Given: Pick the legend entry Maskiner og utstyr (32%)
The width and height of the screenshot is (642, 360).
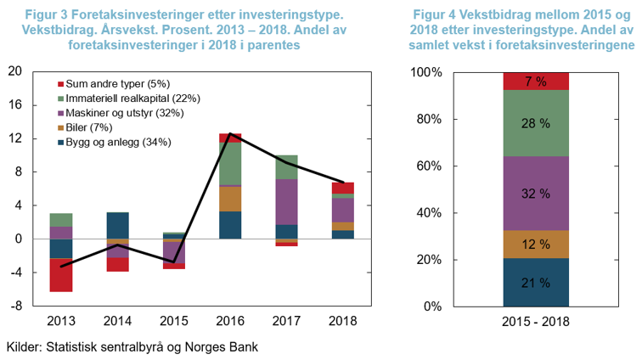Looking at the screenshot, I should [123, 113].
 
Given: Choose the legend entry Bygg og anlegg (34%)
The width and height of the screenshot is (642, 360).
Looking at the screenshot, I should [119, 142].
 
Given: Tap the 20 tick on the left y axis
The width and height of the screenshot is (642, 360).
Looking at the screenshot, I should [14, 71].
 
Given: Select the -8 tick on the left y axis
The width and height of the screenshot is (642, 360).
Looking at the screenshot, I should [17, 306].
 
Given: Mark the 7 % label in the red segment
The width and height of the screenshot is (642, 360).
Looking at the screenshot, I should [536, 82].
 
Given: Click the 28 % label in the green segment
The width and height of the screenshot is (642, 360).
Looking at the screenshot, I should [536, 124].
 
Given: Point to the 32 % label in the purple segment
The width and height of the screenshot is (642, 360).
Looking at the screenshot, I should [536, 194].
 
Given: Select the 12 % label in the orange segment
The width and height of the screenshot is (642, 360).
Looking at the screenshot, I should [536, 245].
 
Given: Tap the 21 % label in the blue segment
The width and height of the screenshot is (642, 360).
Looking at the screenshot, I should [536, 283].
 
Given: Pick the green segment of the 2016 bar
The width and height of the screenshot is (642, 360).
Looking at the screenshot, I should [230, 163].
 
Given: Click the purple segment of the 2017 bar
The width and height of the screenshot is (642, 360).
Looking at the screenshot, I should [286, 202].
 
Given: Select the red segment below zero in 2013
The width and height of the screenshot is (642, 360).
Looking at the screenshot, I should [60, 275].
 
